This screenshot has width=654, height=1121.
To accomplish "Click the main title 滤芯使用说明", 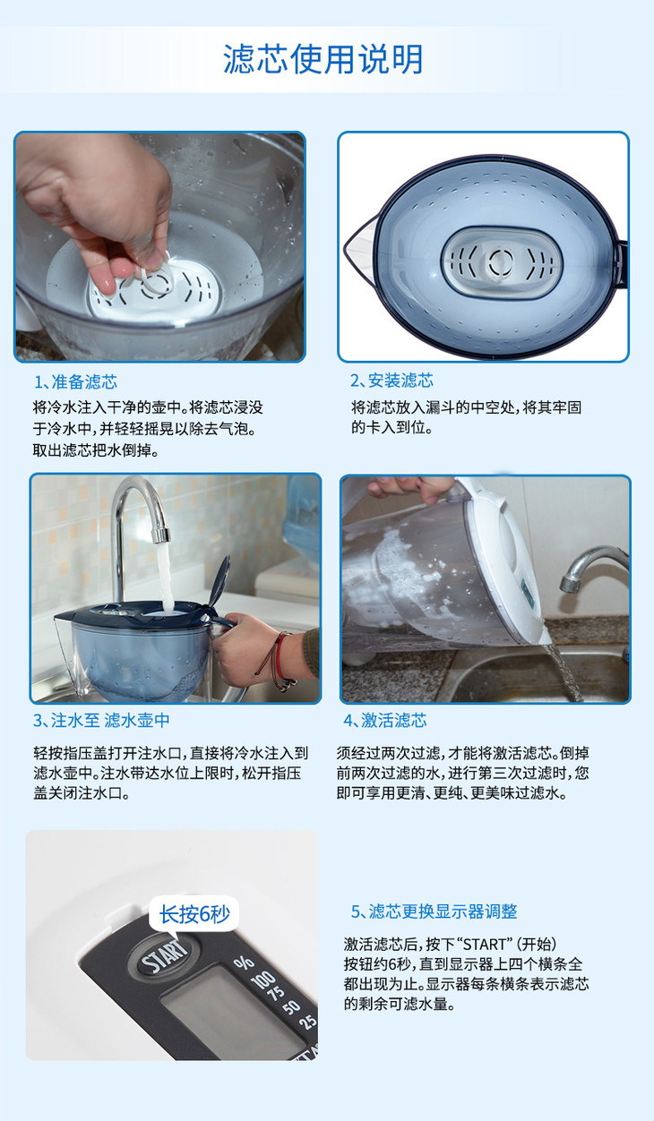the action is pyautogui.click(x=323, y=59).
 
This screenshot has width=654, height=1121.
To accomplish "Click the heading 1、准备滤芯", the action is pyautogui.click(x=75, y=381).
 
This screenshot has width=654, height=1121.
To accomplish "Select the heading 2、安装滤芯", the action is pyautogui.click(x=392, y=381).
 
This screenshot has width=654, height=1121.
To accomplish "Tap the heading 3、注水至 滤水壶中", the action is pyautogui.click(x=101, y=720).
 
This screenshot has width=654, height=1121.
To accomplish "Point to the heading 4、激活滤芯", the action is pyautogui.click(x=384, y=720).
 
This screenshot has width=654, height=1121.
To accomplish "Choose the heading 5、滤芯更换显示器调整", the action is pyautogui.click(x=434, y=911).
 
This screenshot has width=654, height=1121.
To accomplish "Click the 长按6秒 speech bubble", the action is pyautogui.click(x=194, y=915).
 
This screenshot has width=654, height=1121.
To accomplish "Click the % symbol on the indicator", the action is pyautogui.click(x=244, y=963).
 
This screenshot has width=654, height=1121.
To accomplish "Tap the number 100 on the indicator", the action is pyautogui.click(x=263, y=979).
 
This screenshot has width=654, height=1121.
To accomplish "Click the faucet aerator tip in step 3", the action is pyautogui.click(x=161, y=534).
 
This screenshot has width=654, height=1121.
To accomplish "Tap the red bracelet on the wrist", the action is pyautogui.click(x=279, y=655).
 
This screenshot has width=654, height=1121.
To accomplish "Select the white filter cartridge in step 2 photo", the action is pyautogui.click(x=502, y=262).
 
